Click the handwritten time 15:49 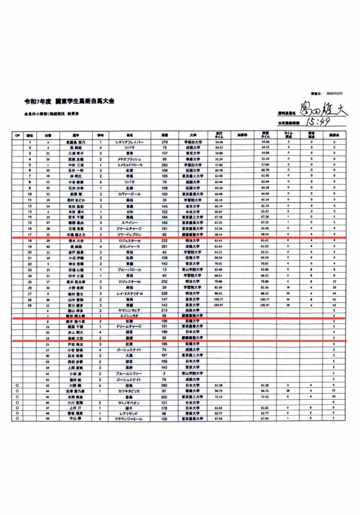pos(316,122)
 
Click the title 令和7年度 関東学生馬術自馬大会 pos(69,101)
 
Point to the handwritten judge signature pos(322,109)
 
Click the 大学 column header pos(193,135)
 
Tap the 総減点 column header pos(334,135)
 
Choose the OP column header pos(17,135)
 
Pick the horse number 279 pos(164,142)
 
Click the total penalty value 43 pos(334,305)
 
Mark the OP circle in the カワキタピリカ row pos(17,390)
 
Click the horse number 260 pos(164,164)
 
